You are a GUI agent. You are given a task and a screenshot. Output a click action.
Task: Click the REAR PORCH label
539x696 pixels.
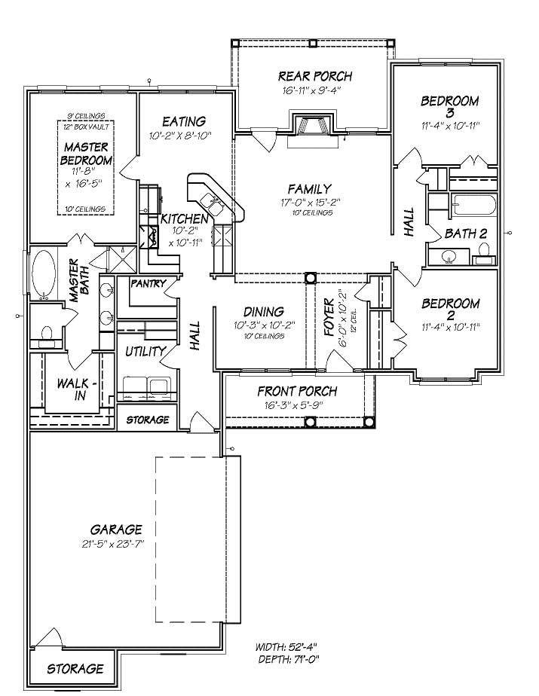pos(314,76)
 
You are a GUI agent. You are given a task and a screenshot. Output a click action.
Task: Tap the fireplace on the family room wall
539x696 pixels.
pos(311,125)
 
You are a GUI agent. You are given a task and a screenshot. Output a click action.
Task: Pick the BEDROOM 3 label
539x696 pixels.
pos(449,105)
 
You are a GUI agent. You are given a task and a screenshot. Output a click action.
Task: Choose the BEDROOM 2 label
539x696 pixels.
pos(450,310)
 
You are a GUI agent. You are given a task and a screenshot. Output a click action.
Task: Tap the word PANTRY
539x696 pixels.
pos(149,284)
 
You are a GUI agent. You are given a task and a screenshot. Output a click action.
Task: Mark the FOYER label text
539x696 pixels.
pos(329,317)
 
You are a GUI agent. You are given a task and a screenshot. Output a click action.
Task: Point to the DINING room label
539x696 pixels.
pos(263,312)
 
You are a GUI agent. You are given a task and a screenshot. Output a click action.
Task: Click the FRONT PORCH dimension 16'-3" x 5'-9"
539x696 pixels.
pos(297,406)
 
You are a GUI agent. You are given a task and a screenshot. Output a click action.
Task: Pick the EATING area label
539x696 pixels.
pos(184,121)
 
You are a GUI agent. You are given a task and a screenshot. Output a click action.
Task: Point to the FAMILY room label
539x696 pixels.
pos(310,188)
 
